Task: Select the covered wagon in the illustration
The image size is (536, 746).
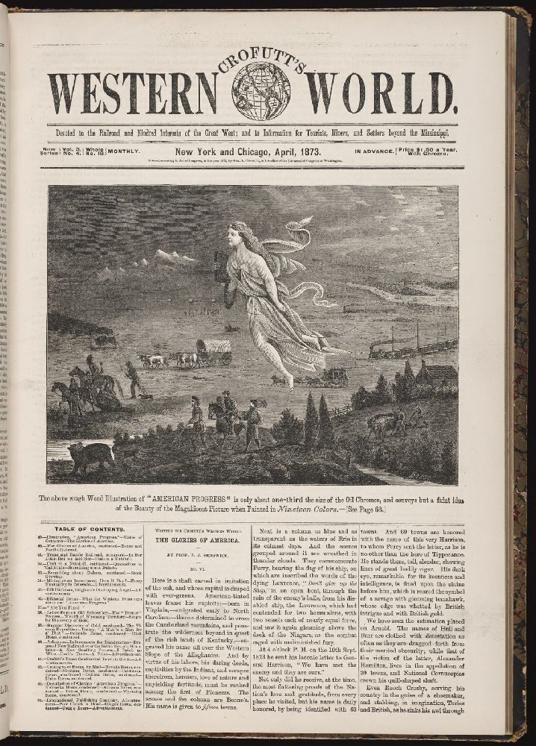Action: coord(214,351)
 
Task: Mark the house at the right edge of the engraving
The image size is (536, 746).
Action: coord(437,375)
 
